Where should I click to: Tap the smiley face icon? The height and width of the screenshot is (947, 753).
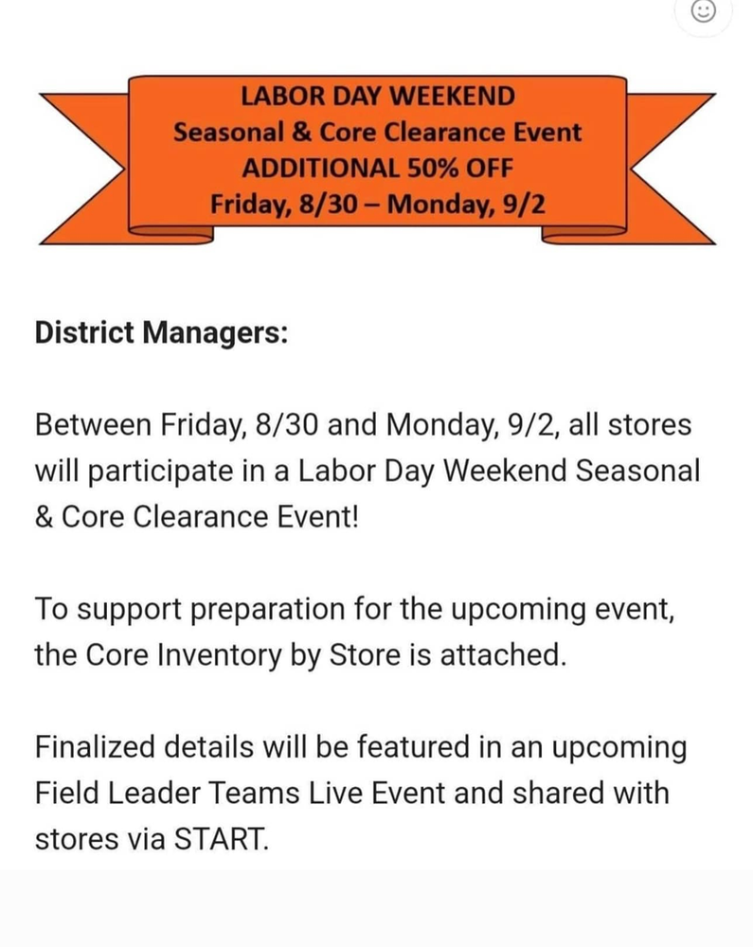pos(703,10)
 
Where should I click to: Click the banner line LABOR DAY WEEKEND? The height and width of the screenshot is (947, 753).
pos(378,97)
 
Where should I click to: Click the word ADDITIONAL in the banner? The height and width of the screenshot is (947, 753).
pos(320,168)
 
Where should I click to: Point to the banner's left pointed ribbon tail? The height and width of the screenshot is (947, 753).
pos(84,170)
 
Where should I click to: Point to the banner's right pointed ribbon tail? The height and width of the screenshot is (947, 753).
pos(671,170)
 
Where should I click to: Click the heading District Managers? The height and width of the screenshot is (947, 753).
pos(161,333)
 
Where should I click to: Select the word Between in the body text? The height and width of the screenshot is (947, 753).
pos(93,424)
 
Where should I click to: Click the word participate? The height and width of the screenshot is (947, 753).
pos(161,472)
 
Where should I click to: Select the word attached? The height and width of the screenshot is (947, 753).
pos(504,655)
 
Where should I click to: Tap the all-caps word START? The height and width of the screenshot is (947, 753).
pos(221,839)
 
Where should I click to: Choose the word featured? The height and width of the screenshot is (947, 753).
pos(414,747)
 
